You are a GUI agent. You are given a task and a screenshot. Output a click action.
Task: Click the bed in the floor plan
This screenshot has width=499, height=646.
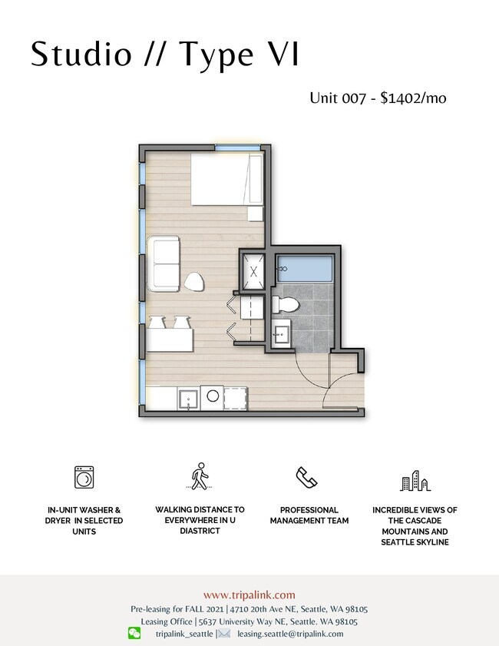(226, 180)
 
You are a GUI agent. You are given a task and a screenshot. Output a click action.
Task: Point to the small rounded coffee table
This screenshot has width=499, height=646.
(195, 282)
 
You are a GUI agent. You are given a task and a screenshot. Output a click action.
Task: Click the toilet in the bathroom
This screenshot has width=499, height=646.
(283, 304)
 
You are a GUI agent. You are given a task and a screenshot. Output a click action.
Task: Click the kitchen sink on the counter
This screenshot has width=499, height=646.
(188, 399)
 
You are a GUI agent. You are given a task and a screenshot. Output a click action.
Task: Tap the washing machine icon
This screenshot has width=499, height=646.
(84, 477)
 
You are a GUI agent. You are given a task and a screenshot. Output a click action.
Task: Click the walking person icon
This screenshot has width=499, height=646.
(200, 476)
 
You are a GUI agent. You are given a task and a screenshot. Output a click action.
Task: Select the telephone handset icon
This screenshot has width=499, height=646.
(307, 477)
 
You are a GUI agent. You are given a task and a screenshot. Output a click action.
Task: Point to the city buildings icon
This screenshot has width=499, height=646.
(415, 482)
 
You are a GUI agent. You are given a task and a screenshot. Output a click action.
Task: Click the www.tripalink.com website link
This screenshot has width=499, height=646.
(249, 595)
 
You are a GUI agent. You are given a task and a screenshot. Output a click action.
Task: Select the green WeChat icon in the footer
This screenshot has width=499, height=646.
(134, 633)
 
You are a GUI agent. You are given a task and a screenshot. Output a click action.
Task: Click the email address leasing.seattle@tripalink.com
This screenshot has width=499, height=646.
(290, 634)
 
